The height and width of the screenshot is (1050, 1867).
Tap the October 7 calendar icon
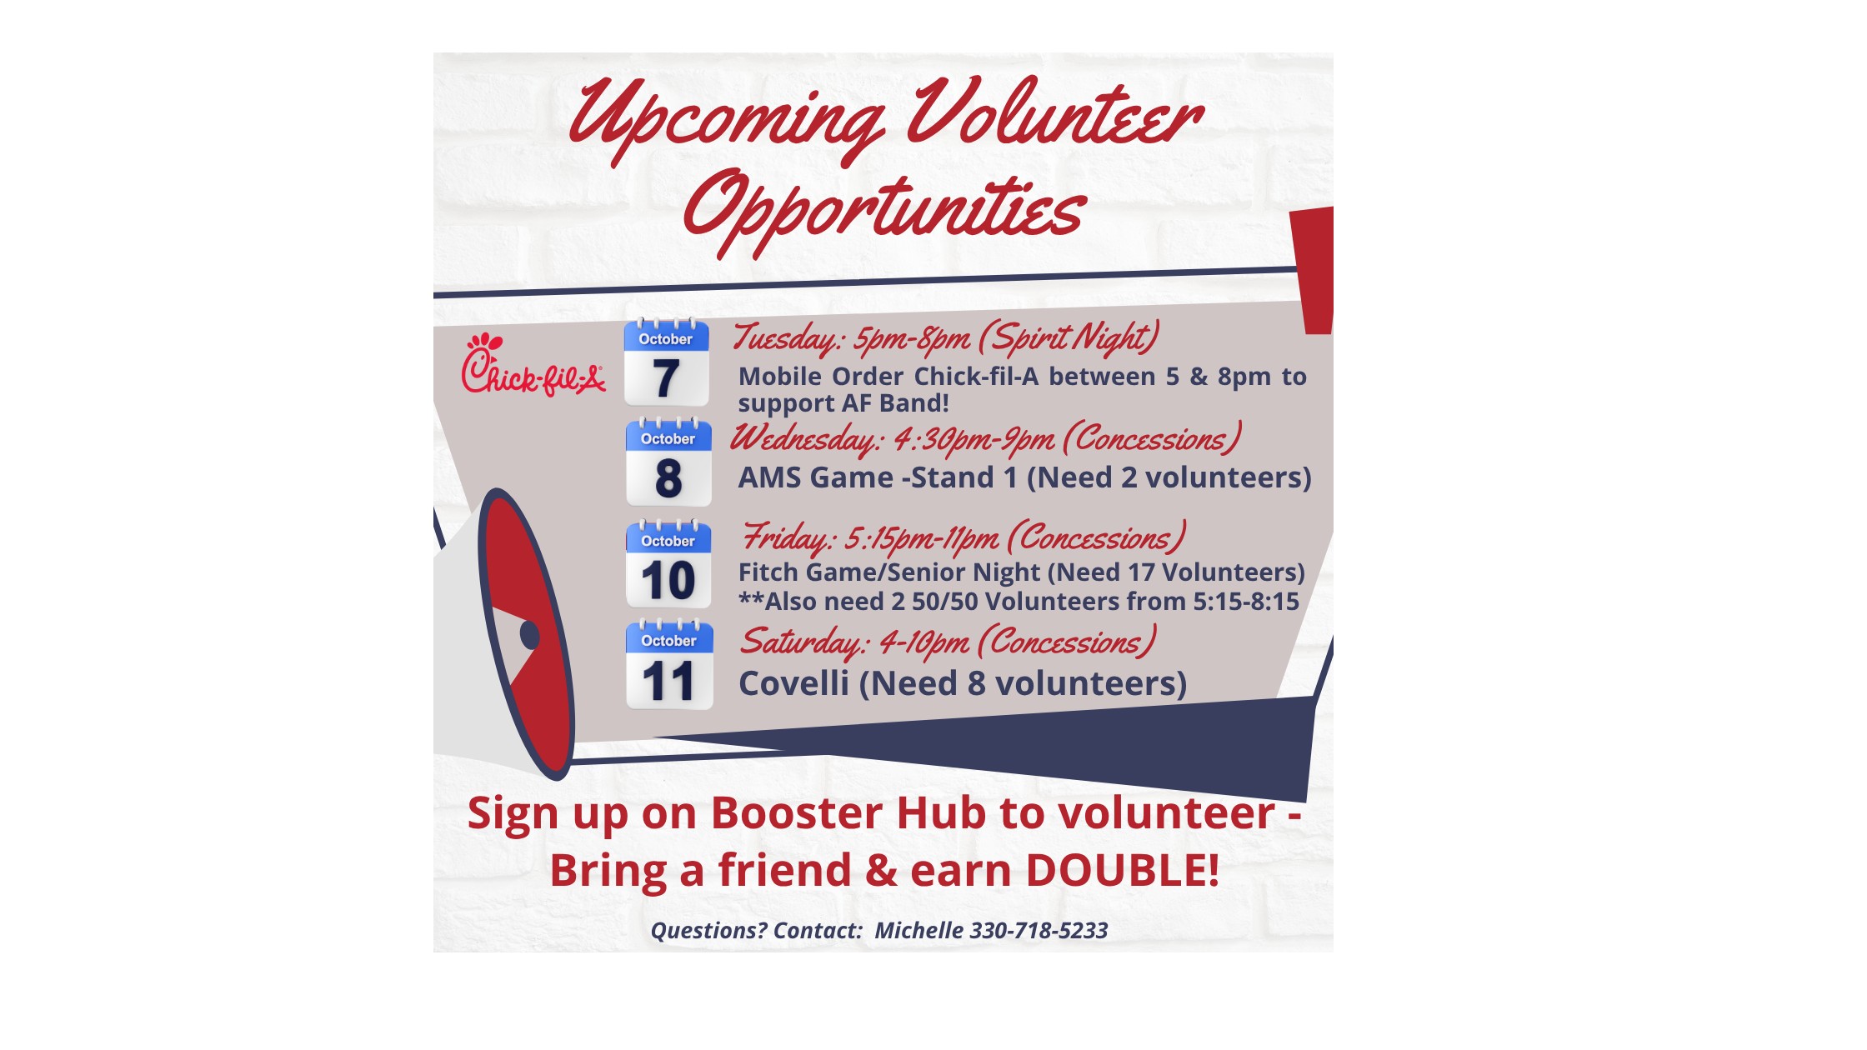pyautogui.click(x=666, y=362)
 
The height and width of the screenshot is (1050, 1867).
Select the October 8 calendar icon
pyautogui.click(x=668, y=462)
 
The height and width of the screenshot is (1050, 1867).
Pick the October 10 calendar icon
pyautogui.click(x=668, y=563)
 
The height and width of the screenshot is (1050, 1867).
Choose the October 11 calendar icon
pyautogui.click(x=669, y=664)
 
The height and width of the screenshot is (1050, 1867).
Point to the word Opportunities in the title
pyautogui.click(x=884, y=212)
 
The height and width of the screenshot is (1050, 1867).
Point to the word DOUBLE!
pyautogui.click(x=1122, y=870)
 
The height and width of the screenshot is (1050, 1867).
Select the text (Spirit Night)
pyautogui.click(x=1069, y=337)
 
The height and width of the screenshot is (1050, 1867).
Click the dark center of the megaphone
pyautogui.click(x=529, y=635)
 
